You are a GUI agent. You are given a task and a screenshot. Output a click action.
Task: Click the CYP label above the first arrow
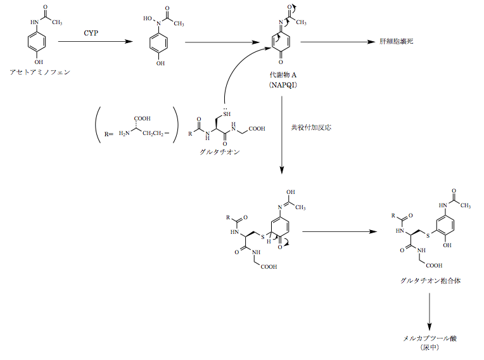91,33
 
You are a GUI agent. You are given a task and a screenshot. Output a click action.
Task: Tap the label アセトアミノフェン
40,72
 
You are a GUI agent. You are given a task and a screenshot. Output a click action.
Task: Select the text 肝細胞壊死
397,41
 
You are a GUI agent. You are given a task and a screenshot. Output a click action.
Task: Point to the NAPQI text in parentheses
283,85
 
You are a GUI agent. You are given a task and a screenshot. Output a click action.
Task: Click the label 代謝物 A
283,75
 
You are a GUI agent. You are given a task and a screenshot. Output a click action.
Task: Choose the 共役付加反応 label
311,127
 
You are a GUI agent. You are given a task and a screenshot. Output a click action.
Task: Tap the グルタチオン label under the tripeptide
220,152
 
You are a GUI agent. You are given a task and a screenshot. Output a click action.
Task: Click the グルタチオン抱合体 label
430,281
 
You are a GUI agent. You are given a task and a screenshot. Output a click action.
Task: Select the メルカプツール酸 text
430,338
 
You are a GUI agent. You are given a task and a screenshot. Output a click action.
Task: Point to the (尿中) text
430,347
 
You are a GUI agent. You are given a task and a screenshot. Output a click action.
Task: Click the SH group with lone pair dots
227,113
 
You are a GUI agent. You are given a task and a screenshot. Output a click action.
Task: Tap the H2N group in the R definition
124,133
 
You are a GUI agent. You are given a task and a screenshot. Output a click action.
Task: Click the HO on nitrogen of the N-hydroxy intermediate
148,18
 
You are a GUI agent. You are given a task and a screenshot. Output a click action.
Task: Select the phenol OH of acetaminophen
39,62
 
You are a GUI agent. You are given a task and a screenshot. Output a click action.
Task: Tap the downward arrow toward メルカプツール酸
430,312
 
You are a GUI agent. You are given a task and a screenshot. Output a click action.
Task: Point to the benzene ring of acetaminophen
37,42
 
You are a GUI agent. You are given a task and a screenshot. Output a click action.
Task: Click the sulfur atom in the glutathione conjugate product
428,236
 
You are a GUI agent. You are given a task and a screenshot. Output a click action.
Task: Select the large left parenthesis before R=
98,125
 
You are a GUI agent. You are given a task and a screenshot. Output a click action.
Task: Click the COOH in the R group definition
142,119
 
